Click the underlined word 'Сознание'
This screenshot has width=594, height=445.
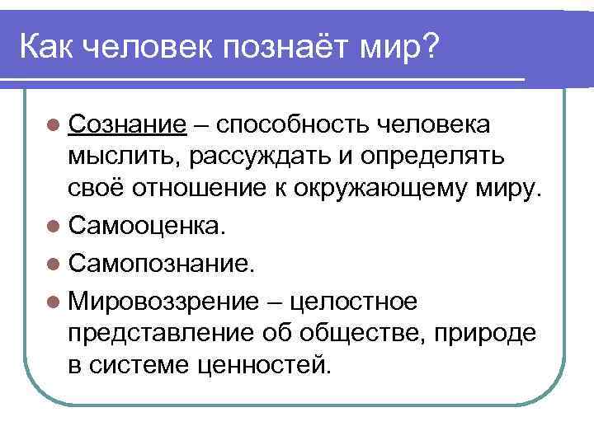127,124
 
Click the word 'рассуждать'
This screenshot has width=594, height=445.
254,155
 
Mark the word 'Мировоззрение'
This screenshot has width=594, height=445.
164,302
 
